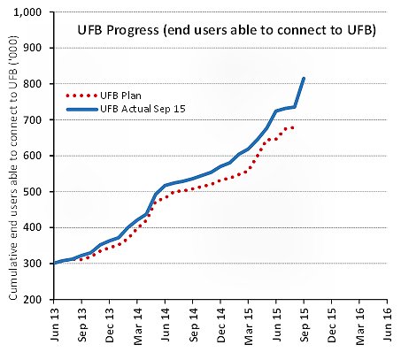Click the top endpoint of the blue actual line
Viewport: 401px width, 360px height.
pos(304,79)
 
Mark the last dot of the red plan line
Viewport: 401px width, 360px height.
pos(293,127)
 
